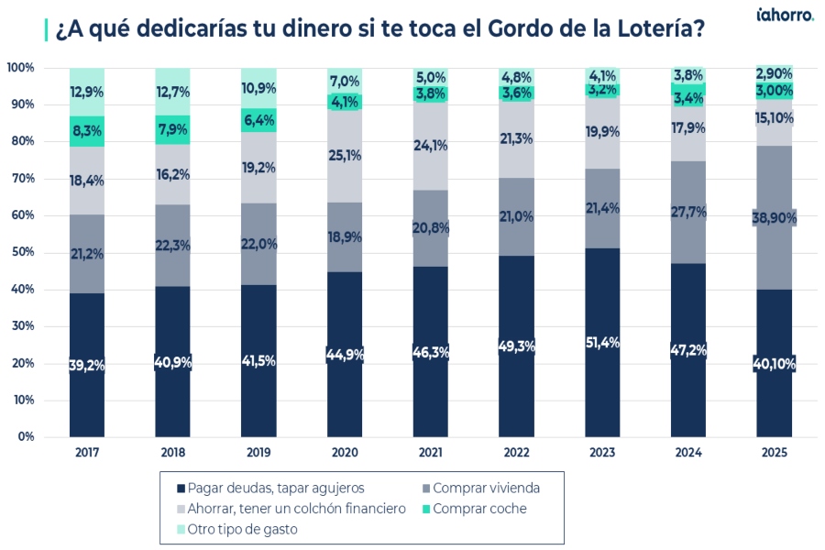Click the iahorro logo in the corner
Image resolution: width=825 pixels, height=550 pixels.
tap(785, 16)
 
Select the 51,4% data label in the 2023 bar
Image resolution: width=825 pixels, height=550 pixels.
tap(602, 343)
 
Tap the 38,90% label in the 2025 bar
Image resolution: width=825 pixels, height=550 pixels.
tap(774, 217)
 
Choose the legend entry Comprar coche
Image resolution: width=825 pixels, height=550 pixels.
tap(477, 509)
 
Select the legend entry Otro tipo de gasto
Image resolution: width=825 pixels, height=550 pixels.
tap(236, 529)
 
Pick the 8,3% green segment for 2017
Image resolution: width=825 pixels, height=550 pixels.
tap(87, 131)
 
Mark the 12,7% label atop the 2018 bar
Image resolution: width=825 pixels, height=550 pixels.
tap(173, 91)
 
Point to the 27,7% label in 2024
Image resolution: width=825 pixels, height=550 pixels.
tap(688, 212)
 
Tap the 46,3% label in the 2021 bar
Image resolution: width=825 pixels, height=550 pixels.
tap(431, 351)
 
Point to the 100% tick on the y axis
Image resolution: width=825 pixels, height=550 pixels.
tap(20, 68)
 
